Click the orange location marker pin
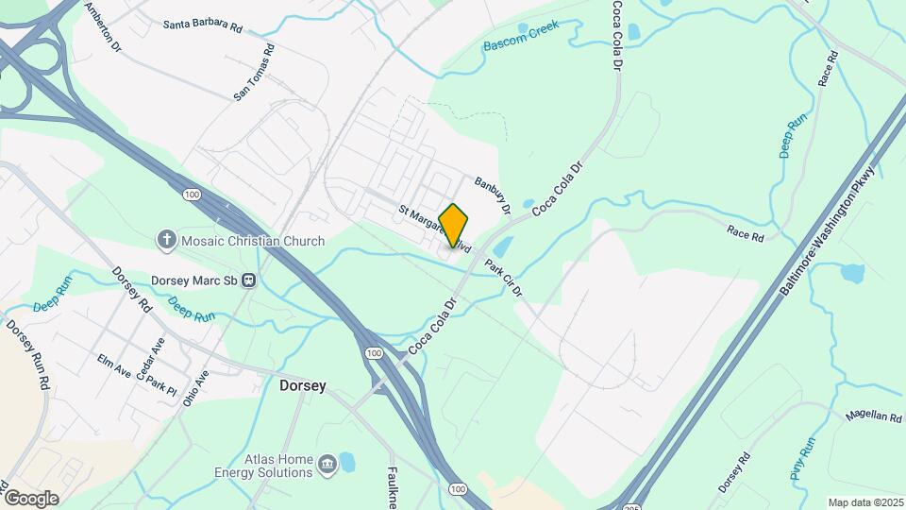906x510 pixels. [x=454, y=225]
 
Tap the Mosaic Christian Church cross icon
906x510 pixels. [x=167, y=241]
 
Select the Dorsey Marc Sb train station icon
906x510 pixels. [x=250, y=280]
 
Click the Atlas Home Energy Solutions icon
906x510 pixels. [x=327, y=463]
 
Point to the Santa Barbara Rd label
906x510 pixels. [x=202, y=25]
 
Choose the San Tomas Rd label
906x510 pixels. [x=254, y=72]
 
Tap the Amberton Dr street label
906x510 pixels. [x=104, y=25]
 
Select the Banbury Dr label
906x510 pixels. [x=493, y=195]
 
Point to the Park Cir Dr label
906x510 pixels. [x=503, y=277]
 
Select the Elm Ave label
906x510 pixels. [x=114, y=365]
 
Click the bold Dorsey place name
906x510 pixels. [x=303, y=385]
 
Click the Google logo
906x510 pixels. [x=30, y=498]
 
